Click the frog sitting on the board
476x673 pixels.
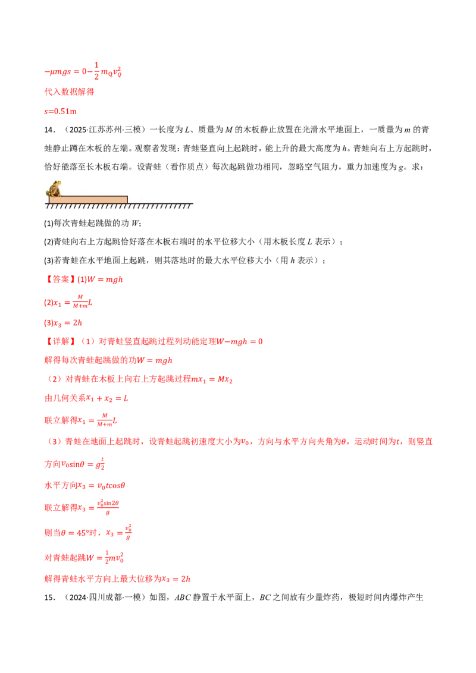tap(54, 188)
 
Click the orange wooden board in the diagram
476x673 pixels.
tap(88, 200)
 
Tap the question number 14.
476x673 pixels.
tap(49, 130)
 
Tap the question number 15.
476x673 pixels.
tap(49, 597)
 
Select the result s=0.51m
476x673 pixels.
tap(61, 111)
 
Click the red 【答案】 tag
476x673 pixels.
tap(59, 279)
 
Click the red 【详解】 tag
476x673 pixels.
tap(59, 341)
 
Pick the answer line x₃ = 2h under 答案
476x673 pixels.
tap(63, 323)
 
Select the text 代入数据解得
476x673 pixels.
tap(69, 92)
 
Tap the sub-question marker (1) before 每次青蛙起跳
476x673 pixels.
tap(49, 223)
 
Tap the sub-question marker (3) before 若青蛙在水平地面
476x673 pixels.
tap(49, 260)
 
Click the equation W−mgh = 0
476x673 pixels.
tap(239, 342)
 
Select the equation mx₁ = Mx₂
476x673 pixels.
tap(212, 379)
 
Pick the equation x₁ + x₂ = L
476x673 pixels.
tap(108, 398)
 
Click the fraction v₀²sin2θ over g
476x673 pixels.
tap(108, 507)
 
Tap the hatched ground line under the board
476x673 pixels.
tap(119, 206)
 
